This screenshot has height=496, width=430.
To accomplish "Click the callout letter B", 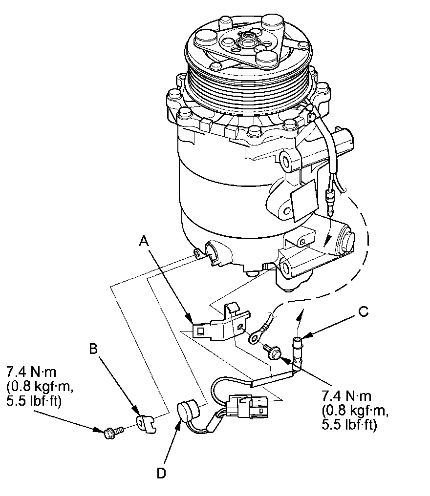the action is (x=93, y=349).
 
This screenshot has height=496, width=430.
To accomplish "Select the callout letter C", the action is (x=364, y=311).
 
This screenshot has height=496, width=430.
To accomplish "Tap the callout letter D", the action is (x=161, y=473).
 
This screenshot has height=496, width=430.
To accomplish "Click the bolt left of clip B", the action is (x=113, y=431).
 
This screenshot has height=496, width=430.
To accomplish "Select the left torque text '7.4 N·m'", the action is (x=31, y=372).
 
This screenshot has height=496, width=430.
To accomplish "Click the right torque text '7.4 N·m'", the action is (x=347, y=396).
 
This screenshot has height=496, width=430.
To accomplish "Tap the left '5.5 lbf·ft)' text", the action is (x=34, y=401).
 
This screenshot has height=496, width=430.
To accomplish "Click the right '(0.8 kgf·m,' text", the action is (x=355, y=410).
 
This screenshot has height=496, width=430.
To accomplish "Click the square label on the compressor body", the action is (x=303, y=201).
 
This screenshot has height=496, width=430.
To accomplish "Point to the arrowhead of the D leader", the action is (x=178, y=425).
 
